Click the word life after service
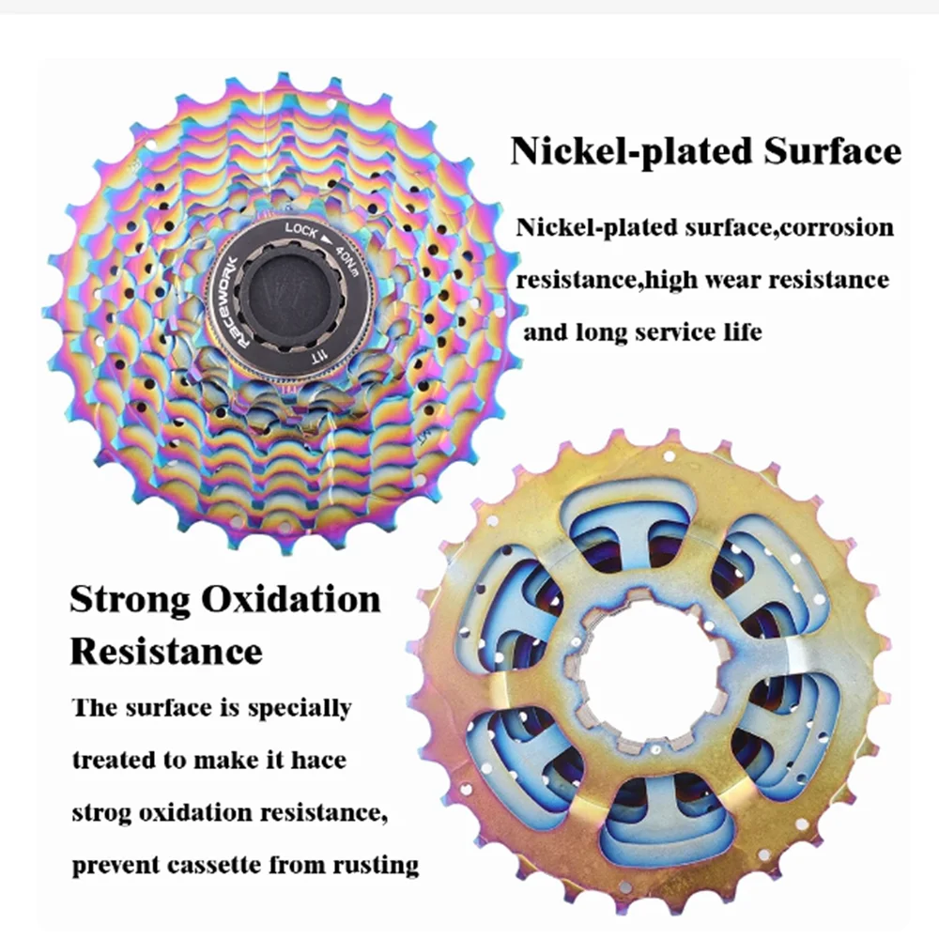tap(743, 331)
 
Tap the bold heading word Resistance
tap(166, 651)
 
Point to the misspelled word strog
tap(101, 812)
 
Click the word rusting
tap(373, 864)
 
